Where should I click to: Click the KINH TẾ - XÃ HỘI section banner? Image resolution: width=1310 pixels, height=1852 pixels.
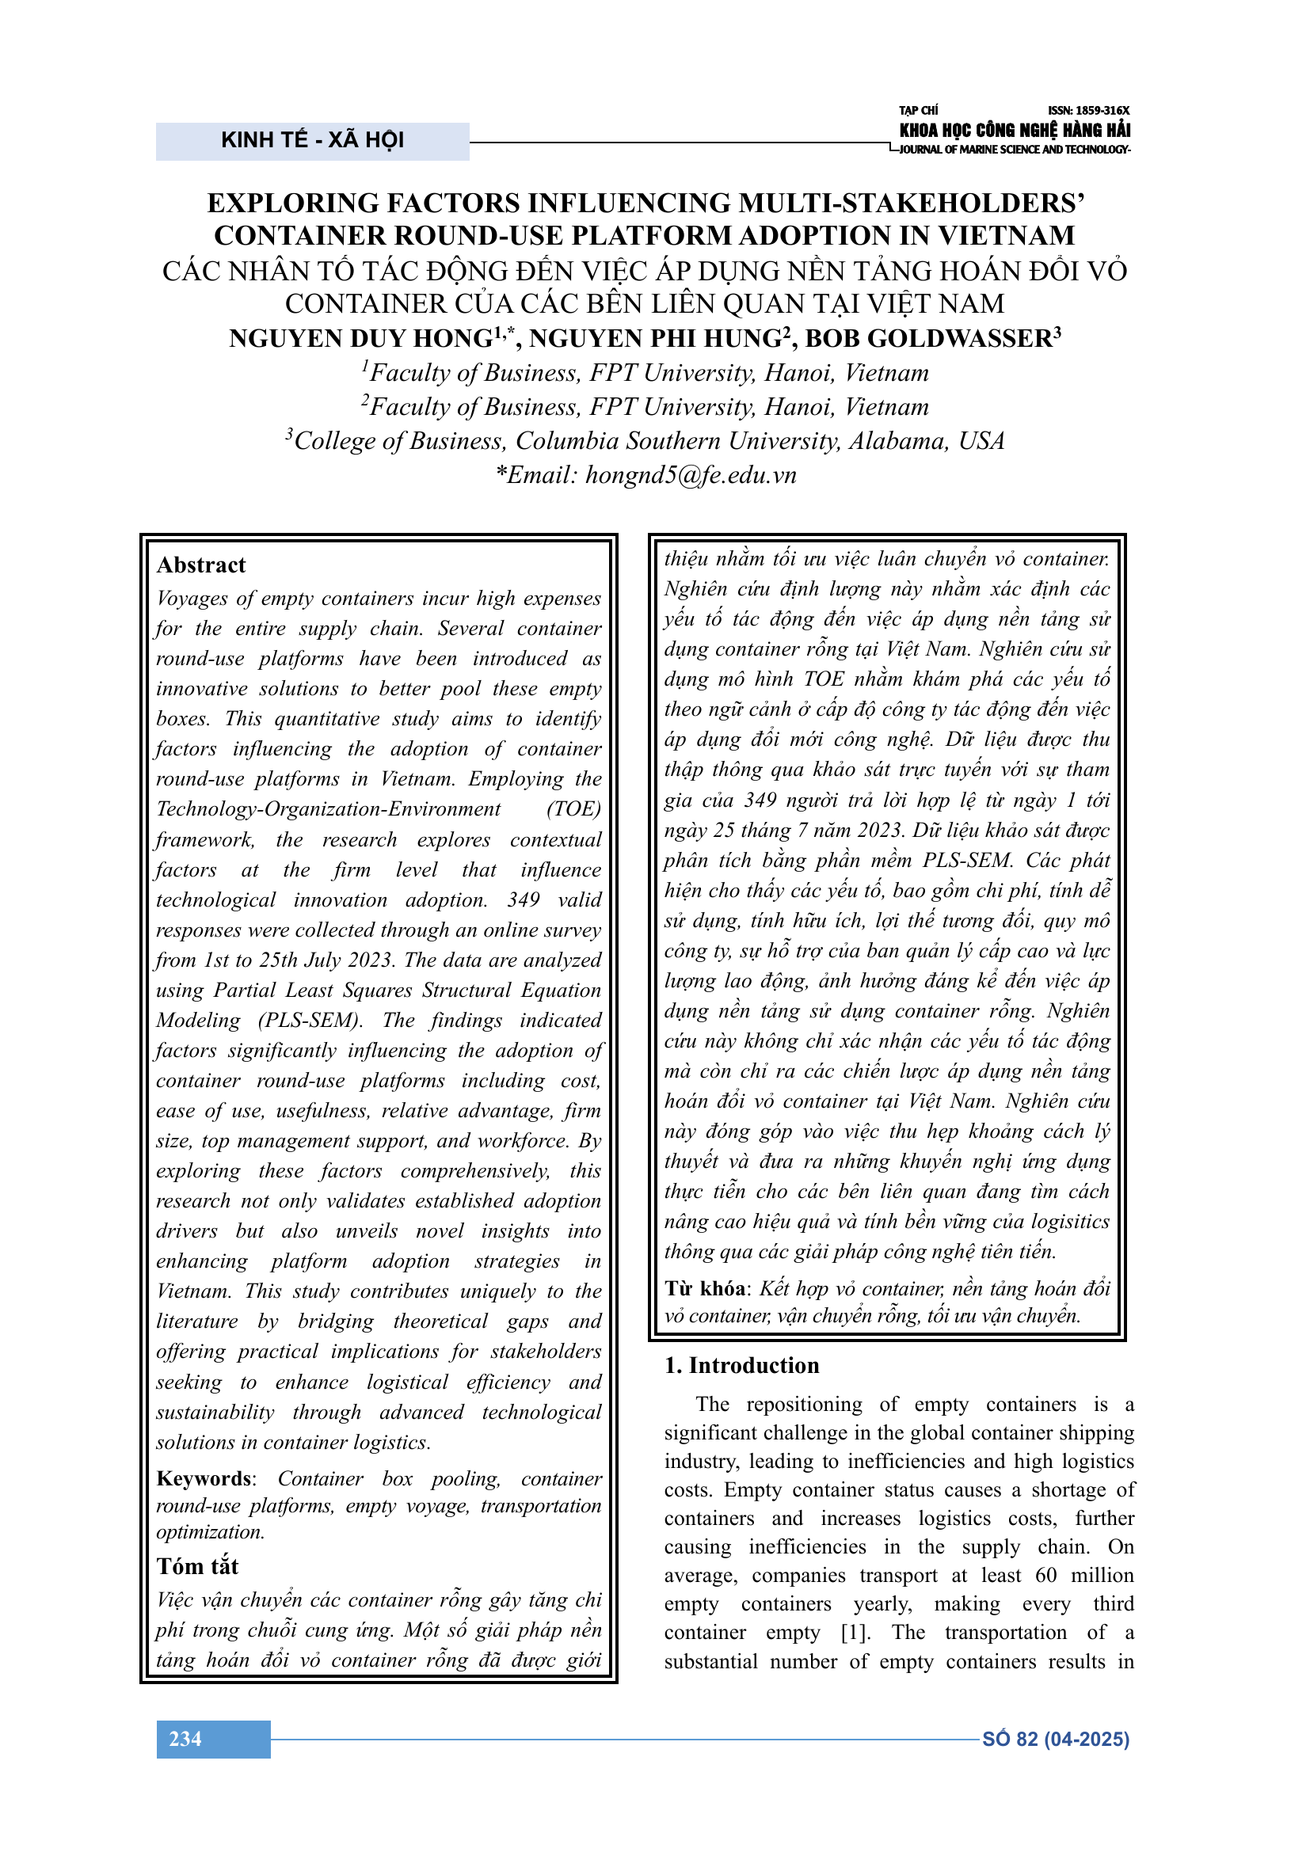pyautogui.click(x=312, y=140)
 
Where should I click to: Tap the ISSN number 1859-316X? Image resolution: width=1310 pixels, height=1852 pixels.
pyautogui.click(x=1088, y=111)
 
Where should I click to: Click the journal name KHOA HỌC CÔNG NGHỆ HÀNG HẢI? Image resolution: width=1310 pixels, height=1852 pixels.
pyautogui.click(x=1014, y=130)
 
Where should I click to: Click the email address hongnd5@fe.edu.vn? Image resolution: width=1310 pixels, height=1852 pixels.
pyautogui.click(x=691, y=475)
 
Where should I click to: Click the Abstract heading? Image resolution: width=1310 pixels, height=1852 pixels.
pyautogui.click(x=201, y=565)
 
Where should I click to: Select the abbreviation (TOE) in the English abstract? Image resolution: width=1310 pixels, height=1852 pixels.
pyautogui.click(x=573, y=809)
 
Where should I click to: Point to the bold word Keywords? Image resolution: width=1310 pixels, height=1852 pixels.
pyautogui.click(x=204, y=1478)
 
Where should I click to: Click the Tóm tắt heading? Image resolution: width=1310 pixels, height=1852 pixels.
pyautogui.click(x=198, y=1566)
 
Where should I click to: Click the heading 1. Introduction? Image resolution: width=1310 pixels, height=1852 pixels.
pyautogui.click(x=741, y=1366)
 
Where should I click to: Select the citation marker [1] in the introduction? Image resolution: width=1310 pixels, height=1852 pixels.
pyautogui.click(x=856, y=1633)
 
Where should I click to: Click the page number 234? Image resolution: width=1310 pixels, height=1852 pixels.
pyautogui.click(x=185, y=1739)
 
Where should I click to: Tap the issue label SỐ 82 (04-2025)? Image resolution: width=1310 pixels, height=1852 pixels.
pyautogui.click(x=1055, y=1739)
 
